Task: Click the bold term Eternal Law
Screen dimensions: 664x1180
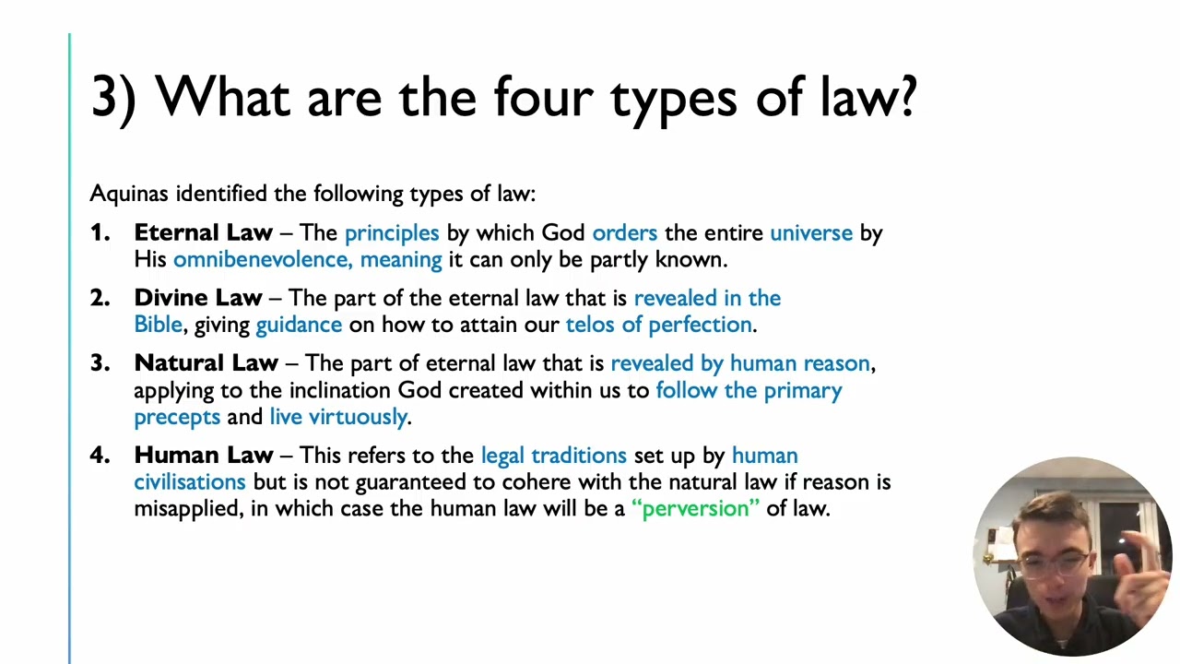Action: click(x=203, y=233)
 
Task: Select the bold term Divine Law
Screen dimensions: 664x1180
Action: click(x=198, y=298)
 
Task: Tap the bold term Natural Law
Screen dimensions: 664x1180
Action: click(x=206, y=363)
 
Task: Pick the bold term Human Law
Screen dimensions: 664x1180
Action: click(x=203, y=456)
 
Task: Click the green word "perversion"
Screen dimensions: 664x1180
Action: click(x=696, y=508)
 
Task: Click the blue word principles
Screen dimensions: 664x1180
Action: click(x=392, y=233)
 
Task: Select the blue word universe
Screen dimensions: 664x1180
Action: click(x=811, y=233)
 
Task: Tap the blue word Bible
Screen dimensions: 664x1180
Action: click(x=158, y=325)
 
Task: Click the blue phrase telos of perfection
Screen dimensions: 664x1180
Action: click(x=659, y=325)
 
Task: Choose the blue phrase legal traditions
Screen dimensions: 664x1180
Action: click(x=553, y=456)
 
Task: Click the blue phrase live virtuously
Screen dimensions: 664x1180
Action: click(x=338, y=417)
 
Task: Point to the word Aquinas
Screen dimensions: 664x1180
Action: click(x=129, y=194)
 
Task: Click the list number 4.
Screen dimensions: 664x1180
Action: click(x=99, y=456)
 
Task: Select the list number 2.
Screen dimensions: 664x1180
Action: click(x=99, y=298)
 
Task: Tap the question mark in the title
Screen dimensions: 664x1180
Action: click(x=904, y=97)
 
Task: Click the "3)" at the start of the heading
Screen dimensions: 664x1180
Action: click(x=113, y=97)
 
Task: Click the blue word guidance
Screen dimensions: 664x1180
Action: click(x=299, y=325)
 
